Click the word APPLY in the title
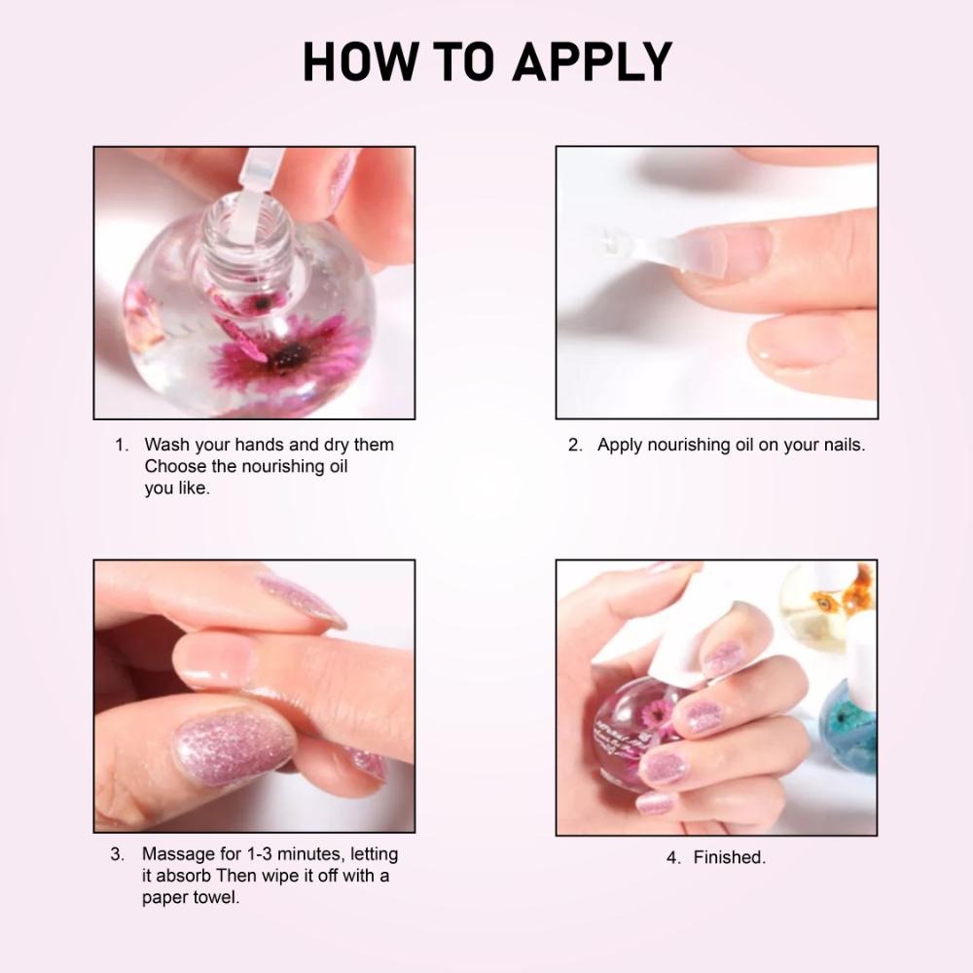[x=593, y=63]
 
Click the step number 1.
[x=122, y=446]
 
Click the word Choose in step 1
[x=175, y=467]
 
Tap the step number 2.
[x=575, y=446]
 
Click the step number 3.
[x=117, y=854]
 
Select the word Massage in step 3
[x=179, y=854]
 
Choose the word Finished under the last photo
[x=729, y=858]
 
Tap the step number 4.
[x=672, y=858]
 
